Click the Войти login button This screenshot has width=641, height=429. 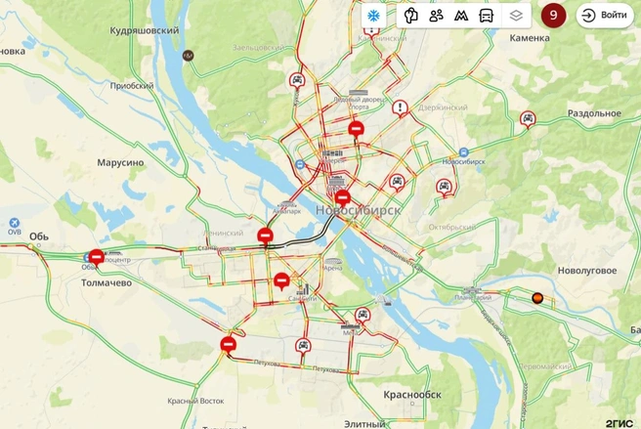(x=604, y=16)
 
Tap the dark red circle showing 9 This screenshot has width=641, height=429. (x=553, y=16)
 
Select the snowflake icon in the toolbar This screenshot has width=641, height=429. (x=372, y=16)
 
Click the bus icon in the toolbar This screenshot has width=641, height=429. (x=486, y=16)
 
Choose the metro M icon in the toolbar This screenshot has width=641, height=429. (x=461, y=16)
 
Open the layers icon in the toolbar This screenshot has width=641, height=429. (x=515, y=16)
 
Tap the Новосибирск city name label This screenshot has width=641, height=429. (x=359, y=211)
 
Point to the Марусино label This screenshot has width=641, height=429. (x=120, y=162)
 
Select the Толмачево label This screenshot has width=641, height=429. (x=106, y=282)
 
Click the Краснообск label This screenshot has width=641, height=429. (x=412, y=395)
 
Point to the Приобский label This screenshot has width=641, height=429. (x=133, y=85)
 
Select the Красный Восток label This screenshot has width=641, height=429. (x=195, y=401)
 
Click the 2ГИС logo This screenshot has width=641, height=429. (x=619, y=421)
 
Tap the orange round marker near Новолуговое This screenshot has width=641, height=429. (x=535, y=298)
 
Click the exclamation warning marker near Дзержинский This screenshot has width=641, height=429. (x=400, y=107)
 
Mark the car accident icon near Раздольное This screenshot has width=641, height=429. (x=529, y=119)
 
